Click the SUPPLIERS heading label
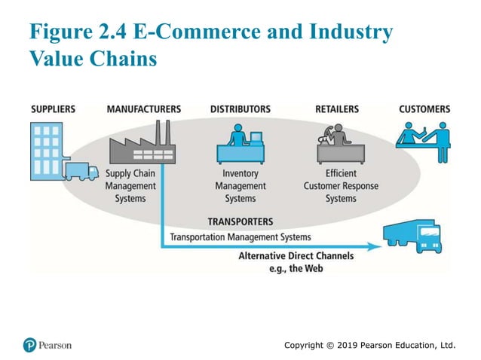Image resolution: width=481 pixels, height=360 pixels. point(53,109)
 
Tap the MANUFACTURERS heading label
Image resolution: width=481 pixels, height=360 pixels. point(144,109)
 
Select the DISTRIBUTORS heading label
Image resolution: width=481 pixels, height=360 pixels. point(240,109)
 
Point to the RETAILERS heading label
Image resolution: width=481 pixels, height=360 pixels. point(337,109)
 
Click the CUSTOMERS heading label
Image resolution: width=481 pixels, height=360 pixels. point(424,109)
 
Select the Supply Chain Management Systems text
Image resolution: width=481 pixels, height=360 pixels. point(130,186)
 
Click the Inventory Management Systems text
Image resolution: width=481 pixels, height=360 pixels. point(240,186)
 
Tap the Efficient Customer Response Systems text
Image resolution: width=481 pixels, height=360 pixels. point(341,186)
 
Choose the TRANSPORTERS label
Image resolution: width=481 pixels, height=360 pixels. point(240,222)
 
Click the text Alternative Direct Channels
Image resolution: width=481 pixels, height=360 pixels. point(296,256)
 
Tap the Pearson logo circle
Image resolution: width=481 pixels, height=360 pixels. point(29,345)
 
